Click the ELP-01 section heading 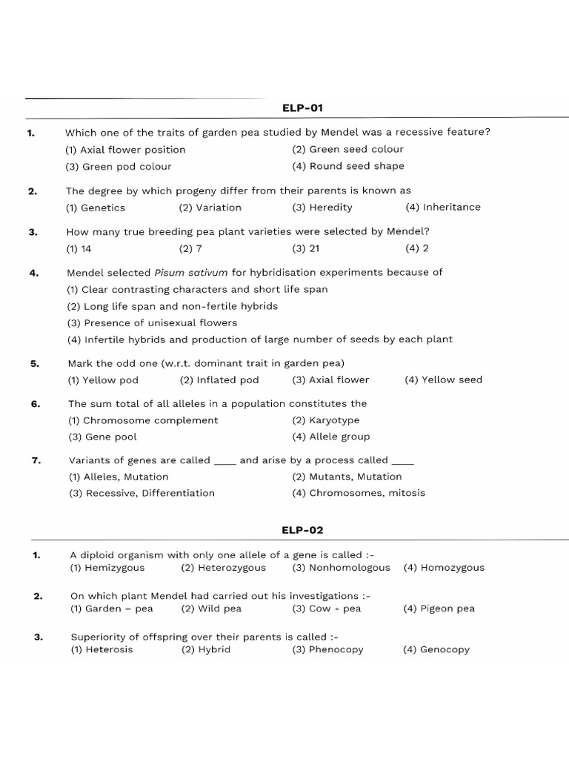302,107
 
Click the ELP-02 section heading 302,530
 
